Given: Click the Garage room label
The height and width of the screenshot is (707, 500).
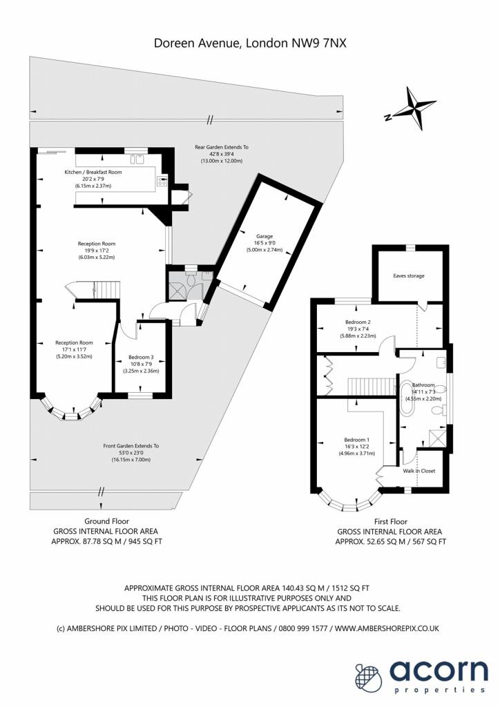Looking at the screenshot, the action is coord(265,236).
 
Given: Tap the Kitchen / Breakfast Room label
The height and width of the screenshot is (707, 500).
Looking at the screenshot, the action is coord(93,172).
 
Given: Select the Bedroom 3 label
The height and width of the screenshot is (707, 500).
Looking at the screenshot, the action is coord(141,357).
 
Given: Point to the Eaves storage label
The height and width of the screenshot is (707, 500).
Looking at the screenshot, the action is coord(408,275).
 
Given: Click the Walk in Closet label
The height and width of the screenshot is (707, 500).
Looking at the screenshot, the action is coord(419,471).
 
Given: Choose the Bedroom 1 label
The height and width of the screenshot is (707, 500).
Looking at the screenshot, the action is coord(356,440).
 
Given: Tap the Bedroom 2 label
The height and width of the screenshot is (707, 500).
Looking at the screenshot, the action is coord(358,322).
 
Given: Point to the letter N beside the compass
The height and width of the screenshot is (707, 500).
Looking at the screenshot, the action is coord(387,118).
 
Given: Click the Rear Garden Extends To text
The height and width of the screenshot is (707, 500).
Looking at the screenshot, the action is coord(222,147).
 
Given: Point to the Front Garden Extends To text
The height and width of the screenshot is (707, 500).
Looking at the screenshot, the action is coord(131,446).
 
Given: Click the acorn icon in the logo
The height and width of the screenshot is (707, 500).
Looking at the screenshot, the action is coord(369,677).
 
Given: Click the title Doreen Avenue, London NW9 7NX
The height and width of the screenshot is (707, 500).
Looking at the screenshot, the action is coord(250,43).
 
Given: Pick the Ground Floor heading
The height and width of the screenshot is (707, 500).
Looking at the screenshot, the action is coord(107,521).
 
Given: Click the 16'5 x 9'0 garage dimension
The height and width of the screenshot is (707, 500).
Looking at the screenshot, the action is coord(265,243).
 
